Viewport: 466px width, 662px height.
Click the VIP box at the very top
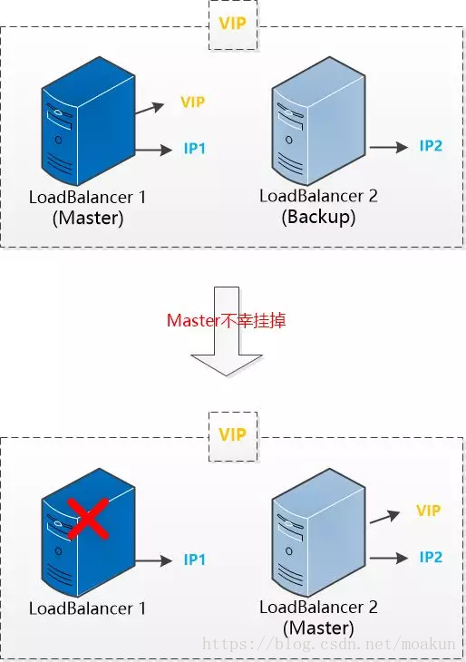233,24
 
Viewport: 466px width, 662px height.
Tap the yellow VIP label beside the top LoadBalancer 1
192,102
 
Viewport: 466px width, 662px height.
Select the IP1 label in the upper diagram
195,149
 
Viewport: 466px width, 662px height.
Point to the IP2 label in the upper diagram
431,146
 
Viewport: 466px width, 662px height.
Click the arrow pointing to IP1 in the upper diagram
153,150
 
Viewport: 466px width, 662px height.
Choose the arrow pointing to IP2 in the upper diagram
389,147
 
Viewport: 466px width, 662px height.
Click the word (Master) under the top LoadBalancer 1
88,219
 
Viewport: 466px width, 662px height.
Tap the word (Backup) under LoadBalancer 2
318,217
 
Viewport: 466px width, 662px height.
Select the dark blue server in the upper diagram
88,122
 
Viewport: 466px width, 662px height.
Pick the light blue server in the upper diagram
319,122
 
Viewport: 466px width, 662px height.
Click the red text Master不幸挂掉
227,320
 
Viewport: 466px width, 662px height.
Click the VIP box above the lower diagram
233,436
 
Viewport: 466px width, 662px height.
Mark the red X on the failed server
88,519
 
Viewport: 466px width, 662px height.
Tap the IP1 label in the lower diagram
195,560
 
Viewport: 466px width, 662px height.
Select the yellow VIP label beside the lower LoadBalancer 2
428,511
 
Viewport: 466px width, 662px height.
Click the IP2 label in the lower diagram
431,557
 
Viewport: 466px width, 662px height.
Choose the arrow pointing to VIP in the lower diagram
384,517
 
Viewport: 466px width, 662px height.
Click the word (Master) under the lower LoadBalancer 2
318,628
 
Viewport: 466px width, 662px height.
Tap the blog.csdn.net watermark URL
329,644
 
